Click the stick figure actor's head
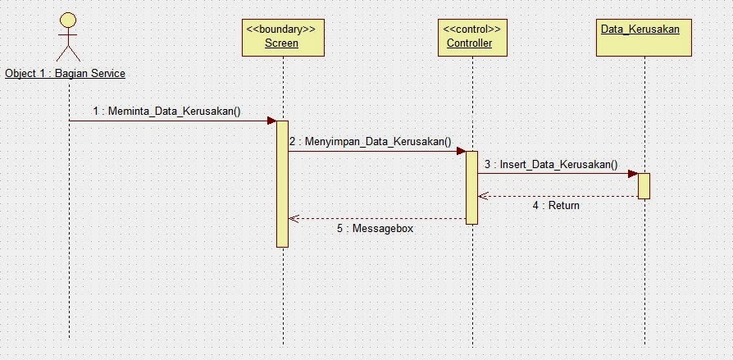(69, 21)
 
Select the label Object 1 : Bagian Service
(65, 74)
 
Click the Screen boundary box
(281, 36)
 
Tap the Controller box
(471, 36)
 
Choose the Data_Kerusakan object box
(640, 36)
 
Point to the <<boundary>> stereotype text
(281, 29)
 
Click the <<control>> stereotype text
(471, 29)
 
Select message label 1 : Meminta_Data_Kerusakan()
(166, 111)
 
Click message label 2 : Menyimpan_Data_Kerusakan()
(370, 141)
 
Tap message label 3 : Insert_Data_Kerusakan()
(551, 164)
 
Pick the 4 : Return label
(556, 206)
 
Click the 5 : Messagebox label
(375, 229)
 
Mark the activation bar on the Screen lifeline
(282, 184)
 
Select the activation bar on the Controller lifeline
(471, 187)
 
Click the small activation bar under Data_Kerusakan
(644, 186)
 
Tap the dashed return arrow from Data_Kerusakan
(558, 196)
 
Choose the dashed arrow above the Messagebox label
(377, 218)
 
